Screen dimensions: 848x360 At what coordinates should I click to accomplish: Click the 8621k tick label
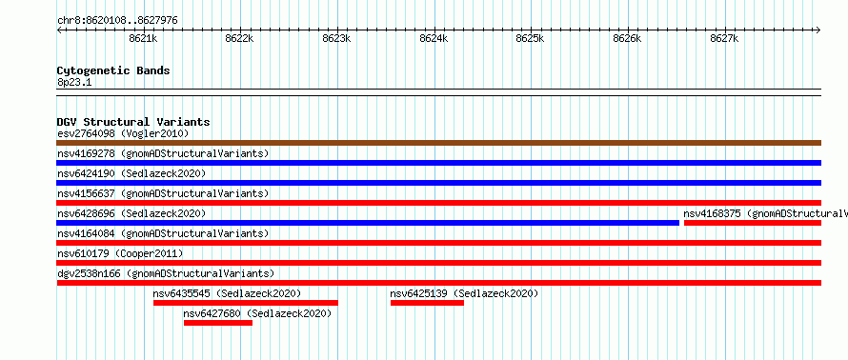point(143,38)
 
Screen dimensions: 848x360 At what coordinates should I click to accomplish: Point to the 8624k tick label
point(434,38)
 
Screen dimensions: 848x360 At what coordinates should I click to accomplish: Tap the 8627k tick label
point(724,38)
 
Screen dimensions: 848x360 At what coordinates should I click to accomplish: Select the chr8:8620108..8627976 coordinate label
point(117,21)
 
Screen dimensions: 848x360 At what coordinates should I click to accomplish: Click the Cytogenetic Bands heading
point(113,70)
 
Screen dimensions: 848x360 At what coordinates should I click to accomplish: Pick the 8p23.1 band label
point(74,82)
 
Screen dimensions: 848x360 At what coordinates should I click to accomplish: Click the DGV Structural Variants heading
point(133,122)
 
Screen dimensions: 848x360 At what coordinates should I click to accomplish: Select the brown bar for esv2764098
point(438,143)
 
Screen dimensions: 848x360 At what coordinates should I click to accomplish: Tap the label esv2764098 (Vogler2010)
point(123,133)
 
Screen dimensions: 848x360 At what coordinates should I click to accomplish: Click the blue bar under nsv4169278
point(438,163)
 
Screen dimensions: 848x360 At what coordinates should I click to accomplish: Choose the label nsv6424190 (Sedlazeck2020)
point(131,173)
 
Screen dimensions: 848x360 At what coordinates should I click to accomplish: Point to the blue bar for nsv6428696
point(368,223)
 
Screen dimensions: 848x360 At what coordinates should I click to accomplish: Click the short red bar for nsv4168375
point(753,223)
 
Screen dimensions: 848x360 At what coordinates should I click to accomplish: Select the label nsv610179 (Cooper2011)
point(120,253)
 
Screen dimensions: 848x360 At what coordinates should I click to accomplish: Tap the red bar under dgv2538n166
point(438,283)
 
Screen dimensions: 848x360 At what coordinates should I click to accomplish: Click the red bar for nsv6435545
point(246,303)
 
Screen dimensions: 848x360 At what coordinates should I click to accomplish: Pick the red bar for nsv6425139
point(427,303)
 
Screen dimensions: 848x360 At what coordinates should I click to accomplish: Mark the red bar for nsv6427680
point(218,323)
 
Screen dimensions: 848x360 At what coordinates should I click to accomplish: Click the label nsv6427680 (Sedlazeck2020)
point(257,313)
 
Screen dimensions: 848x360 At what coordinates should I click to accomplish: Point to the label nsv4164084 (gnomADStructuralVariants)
point(163,233)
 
